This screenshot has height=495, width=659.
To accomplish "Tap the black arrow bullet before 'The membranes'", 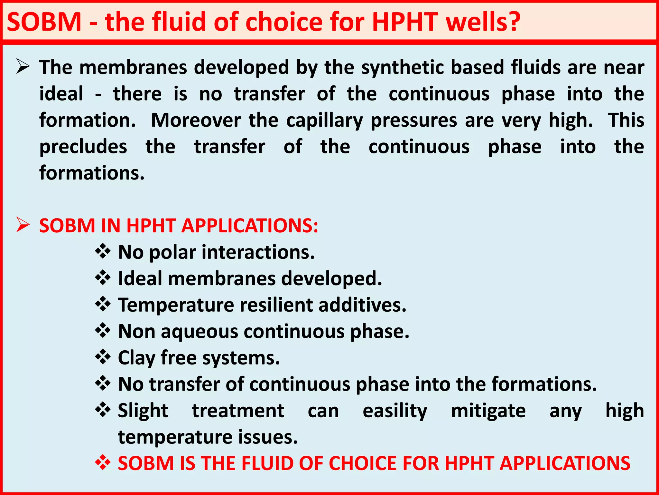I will [x=23, y=67].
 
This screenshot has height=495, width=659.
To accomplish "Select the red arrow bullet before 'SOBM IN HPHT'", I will [x=23, y=225].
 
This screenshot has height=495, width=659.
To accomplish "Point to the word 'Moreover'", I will [x=196, y=121].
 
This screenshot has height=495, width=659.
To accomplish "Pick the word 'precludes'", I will [x=83, y=147].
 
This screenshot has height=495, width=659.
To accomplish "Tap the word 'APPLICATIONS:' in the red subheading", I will [x=250, y=225].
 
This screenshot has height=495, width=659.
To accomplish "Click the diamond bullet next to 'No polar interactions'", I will [x=103, y=251].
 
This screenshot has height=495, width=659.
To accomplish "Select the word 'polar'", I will [x=173, y=252].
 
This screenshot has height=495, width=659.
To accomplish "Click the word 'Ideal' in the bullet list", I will [x=139, y=278].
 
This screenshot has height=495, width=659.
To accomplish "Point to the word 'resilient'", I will [x=274, y=305].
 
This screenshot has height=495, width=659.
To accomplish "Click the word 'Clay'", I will [x=137, y=358].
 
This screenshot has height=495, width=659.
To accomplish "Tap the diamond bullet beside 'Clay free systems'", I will [x=103, y=357].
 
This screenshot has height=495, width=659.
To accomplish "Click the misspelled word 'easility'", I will [x=395, y=411].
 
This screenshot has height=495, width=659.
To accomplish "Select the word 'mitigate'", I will [x=488, y=411].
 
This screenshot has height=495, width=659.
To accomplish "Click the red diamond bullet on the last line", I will [x=103, y=463].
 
